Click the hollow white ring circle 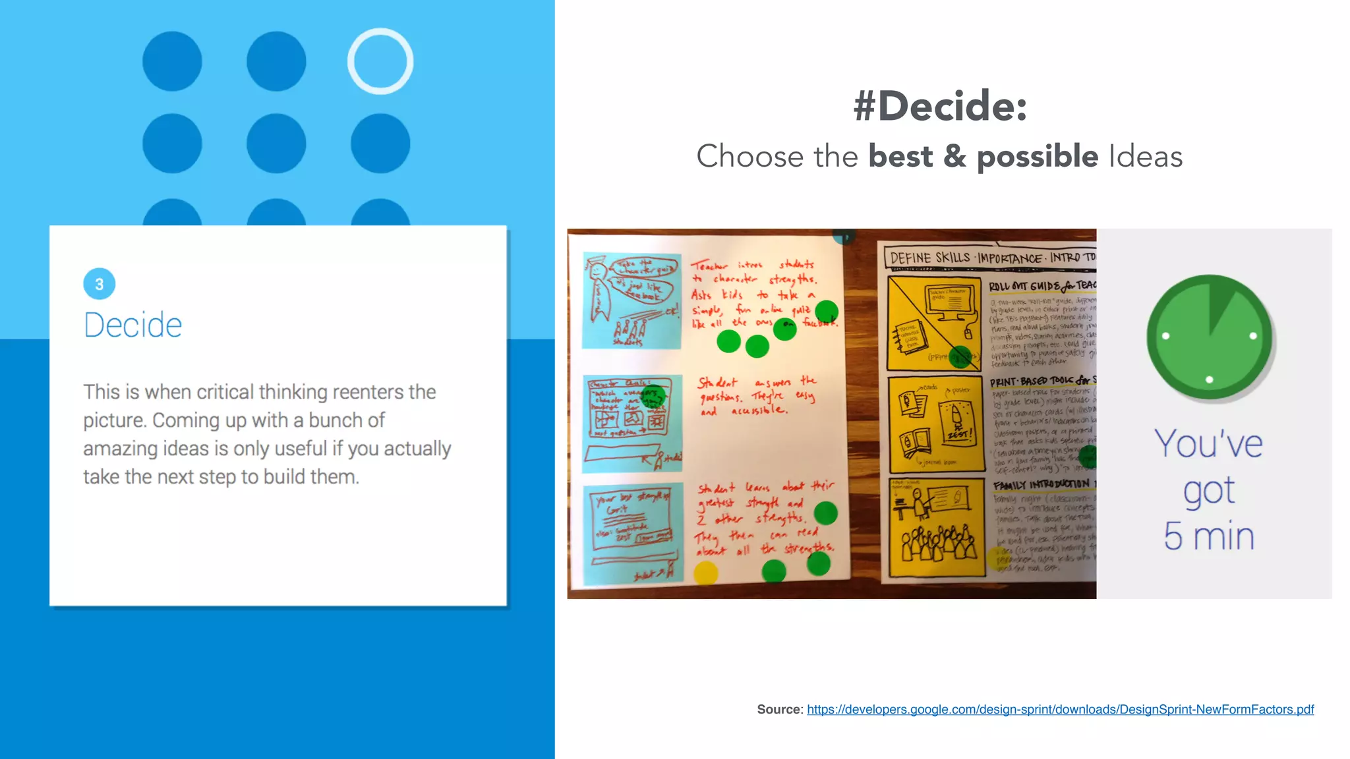(x=380, y=61)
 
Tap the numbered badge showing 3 (x=100, y=284)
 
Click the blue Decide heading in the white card (x=132, y=325)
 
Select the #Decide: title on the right (x=940, y=105)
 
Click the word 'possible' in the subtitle (x=1037, y=157)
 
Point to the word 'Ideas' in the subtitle (x=1146, y=157)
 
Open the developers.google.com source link (x=1060, y=710)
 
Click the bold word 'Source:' (x=780, y=710)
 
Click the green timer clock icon (x=1210, y=337)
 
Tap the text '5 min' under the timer (x=1209, y=536)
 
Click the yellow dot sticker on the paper (x=706, y=572)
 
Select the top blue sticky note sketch (x=631, y=300)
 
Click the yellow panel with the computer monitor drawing (x=934, y=323)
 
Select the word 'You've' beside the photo (x=1208, y=444)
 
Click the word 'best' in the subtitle (x=900, y=157)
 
